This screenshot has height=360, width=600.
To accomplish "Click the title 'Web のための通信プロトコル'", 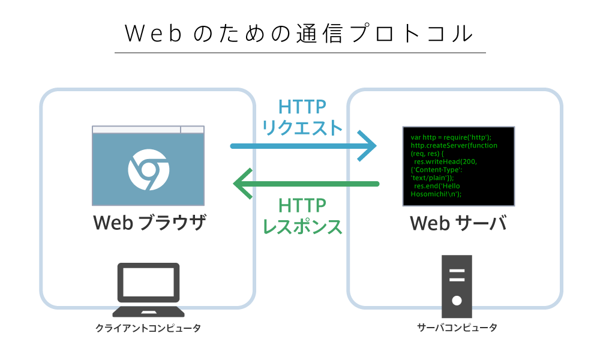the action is [x=299, y=34].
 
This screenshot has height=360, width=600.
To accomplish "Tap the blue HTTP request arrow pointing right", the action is [x=303, y=146].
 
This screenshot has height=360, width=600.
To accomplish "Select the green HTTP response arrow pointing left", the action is [x=306, y=184].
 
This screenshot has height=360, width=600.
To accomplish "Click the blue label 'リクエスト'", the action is [x=302, y=127].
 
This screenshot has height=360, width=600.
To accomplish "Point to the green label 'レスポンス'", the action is [x=302, y=226].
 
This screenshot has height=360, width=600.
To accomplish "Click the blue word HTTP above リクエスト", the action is [x=302, y=106].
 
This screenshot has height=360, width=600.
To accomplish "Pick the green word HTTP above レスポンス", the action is [x=302, y=205].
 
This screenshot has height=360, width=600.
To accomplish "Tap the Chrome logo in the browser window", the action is [x=148, y=169].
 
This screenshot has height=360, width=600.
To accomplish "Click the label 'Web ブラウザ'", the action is [x=149, y=223].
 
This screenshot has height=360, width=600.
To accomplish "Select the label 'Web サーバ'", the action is [x=458, y=223].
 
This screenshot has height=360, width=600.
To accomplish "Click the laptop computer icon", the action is [x=148, y=290].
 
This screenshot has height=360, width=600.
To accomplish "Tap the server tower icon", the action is [x=457, y=286].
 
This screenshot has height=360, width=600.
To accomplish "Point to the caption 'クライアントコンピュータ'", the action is [x=148, y=328].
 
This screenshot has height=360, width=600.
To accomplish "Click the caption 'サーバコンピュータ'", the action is [x=457, y=328].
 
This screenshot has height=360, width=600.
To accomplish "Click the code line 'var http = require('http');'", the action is [x=451, y=137].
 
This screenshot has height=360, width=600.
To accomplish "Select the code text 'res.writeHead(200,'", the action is [x=445, y=161].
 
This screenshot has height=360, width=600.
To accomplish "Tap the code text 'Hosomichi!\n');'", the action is [x=436, y=194].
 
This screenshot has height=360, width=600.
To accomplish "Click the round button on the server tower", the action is [x=457, y=301].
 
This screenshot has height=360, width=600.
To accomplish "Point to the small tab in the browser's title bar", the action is [x=192, y=130].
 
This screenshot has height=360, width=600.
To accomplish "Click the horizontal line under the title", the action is [x=301, y=52].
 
